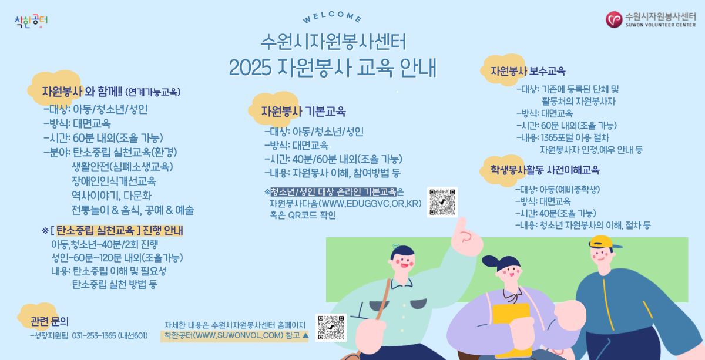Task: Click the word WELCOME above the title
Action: pyautogui.click(x=333, y=18)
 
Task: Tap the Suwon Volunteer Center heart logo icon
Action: pyautogui.click(x=615, y=19)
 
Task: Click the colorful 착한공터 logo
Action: pyautogui.click(x=31, y=22)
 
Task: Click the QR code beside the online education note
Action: pyautogui.click(x=442, y=202)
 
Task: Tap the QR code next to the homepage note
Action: pyautogui.click(x=331, y=328)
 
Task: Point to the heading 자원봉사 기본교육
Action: pyautogui.click(x=303, y=111)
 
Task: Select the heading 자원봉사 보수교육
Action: pyautogui.click(x=528, y=71)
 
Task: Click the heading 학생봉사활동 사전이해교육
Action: pyautogui.click(x=545, y=170)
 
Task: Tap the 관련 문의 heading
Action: pyautogui.click(x=49, y=321)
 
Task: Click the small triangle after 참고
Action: pyautogui.click(x=304, y=335)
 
